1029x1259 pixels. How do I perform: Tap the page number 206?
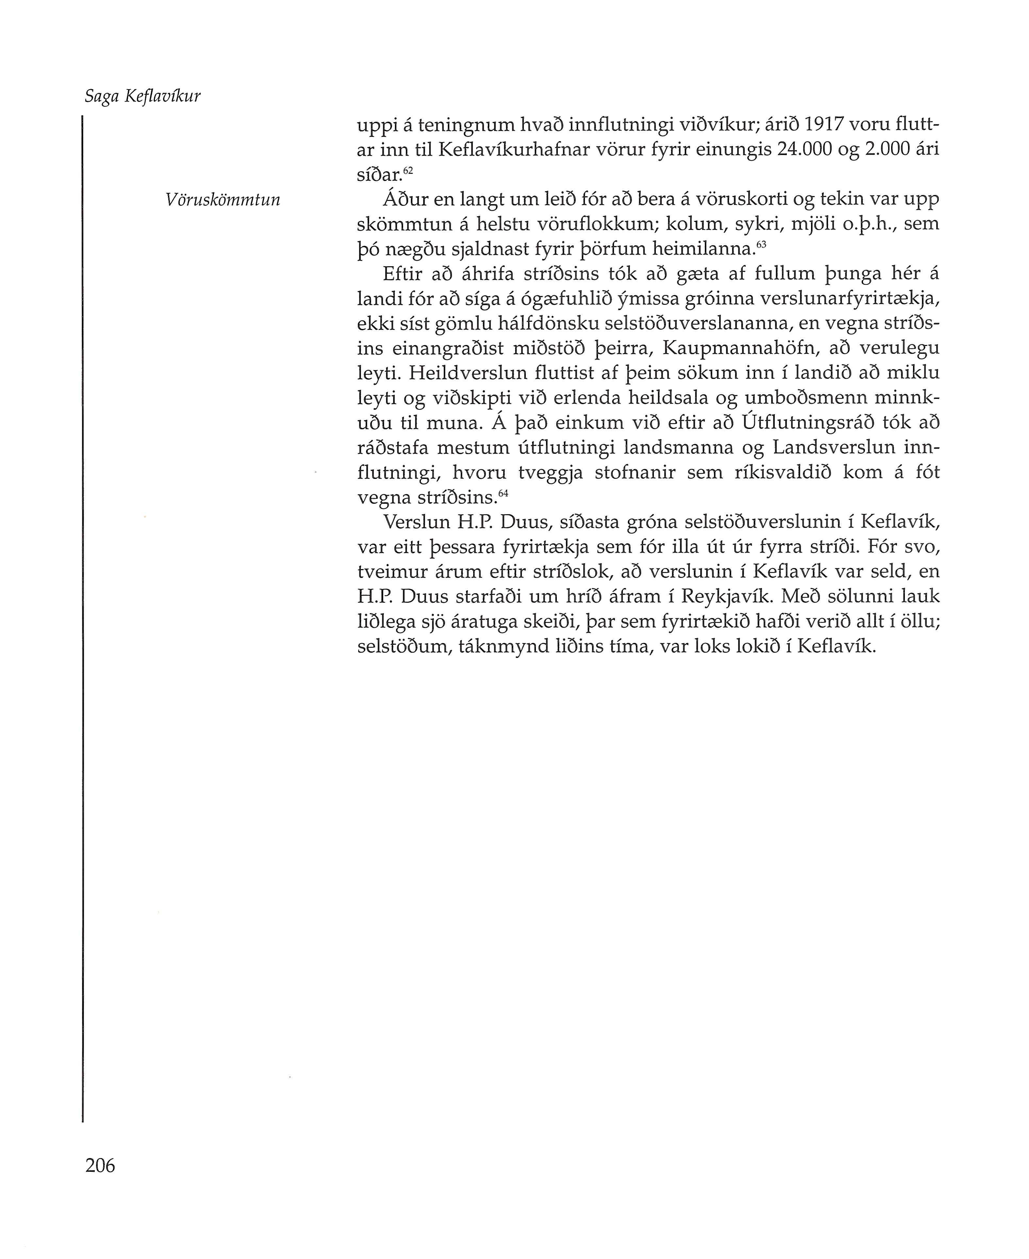[x=100, y=1165]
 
